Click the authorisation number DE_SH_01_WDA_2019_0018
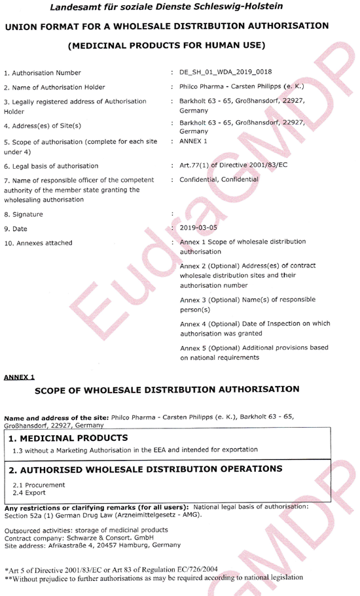226,72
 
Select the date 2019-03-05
201,228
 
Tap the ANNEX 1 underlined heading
20,377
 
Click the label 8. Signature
24,214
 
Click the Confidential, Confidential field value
219,179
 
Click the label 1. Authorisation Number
43,73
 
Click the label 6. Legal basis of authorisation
51,166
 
